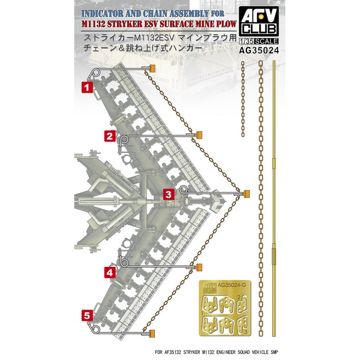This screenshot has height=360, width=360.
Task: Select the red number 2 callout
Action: point(111,136)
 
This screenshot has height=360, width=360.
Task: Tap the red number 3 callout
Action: point(167,194)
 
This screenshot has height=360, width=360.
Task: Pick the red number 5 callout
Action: point(87,316)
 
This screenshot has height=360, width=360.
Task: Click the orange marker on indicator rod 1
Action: point(152,68)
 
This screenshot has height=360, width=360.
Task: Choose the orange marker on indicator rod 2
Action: point(198,135)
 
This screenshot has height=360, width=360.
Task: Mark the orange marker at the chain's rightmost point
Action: point(246,193)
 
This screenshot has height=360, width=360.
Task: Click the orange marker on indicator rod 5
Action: point(152,333)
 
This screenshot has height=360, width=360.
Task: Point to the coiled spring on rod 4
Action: point(121,260)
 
